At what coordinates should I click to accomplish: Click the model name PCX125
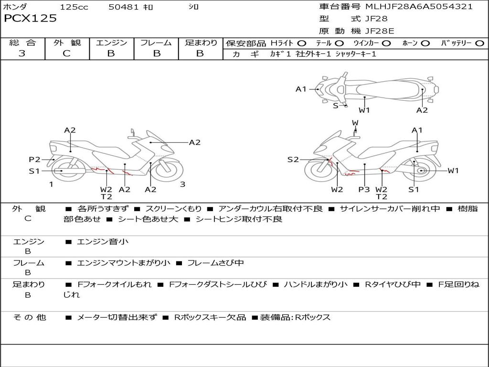click(x=30, y=19)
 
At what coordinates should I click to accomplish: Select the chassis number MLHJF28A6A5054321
click(x=419, y=7)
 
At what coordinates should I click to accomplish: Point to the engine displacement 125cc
click(x=74, y=7)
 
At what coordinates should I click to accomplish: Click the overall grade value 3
click(x=22, y=54)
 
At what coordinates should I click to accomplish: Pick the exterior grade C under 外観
click(x=66, y=54)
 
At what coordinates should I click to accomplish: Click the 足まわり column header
click(x=201, y=43)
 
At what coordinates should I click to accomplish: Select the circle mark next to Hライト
click(x=302, y=43)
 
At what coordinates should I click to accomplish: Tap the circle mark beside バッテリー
click(x=479, y=43)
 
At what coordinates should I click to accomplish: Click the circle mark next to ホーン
click(x=425, y=43)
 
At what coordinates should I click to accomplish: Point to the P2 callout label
click(x=34, y=160)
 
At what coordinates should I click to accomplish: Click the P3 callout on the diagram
click(x=364, y=189)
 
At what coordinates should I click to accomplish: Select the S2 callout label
click(x=293, y=160)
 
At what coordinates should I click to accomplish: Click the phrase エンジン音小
click(x=103, y=242)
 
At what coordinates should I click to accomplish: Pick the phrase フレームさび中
click(x=215, y=263)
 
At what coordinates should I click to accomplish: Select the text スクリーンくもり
click(x=174, y=209)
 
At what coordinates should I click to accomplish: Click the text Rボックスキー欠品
click(x=210, y=317)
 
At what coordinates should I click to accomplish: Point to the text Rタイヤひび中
click(x=393, y=284)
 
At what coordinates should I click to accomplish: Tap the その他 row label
click(x=29, y=317)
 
